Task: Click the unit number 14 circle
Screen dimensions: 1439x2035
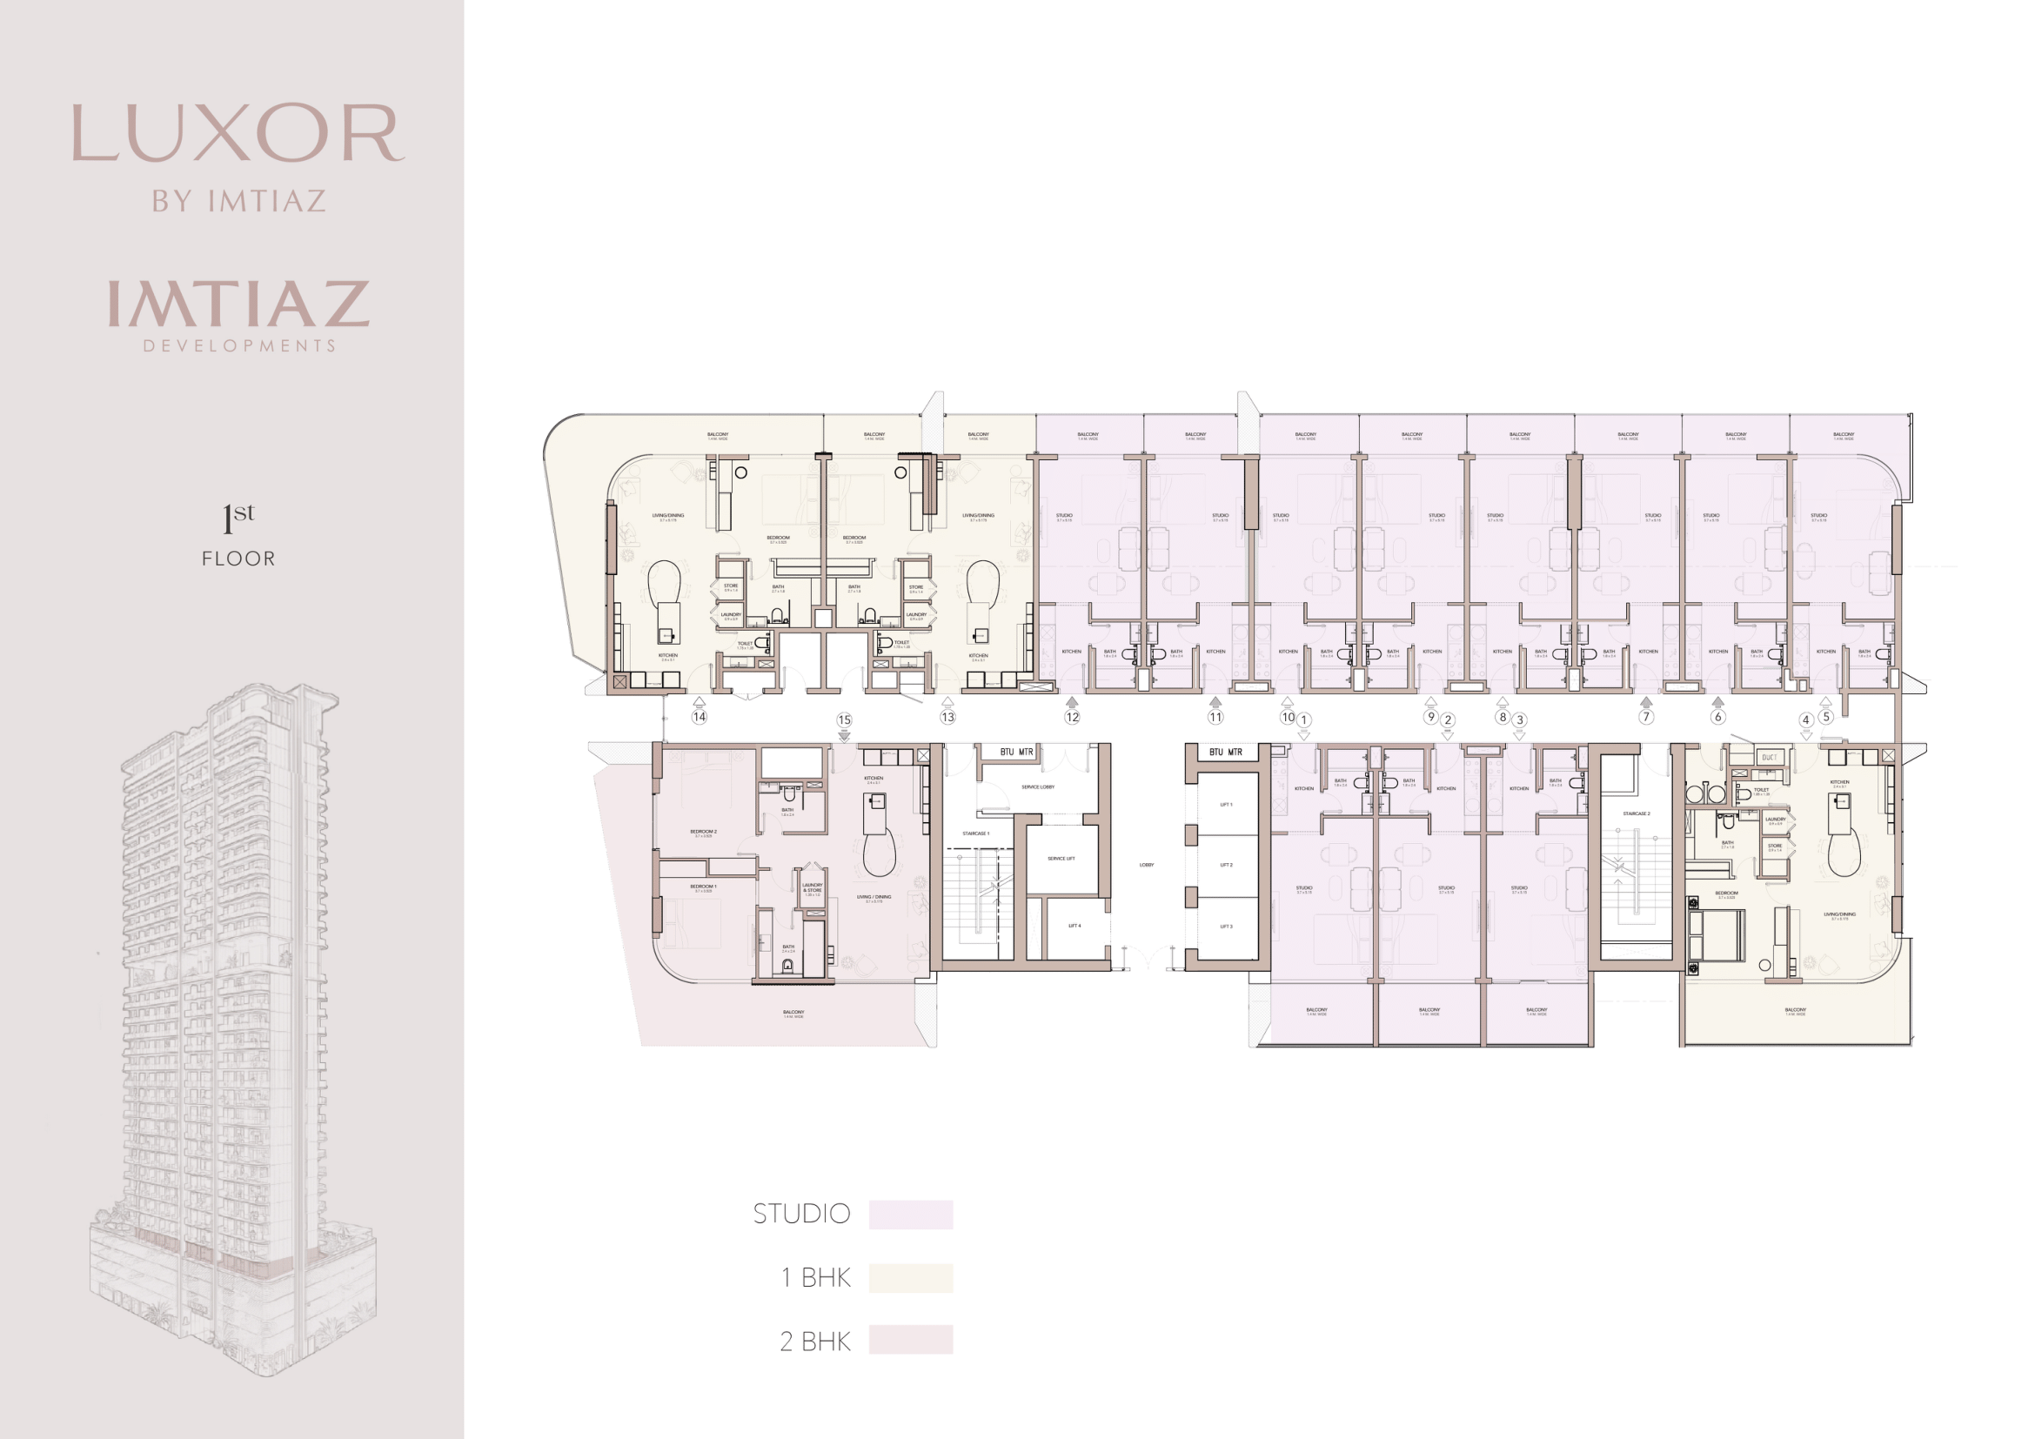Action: click(700, 717)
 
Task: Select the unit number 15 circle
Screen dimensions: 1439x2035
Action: click(844, 720)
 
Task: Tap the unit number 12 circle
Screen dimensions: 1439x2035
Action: click(1073, 717)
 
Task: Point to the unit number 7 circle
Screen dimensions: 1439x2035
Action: click(1646, 717)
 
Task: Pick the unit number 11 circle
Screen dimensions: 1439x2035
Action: click(1215, 717)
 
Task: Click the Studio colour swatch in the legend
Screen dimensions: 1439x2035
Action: click(910, 1215)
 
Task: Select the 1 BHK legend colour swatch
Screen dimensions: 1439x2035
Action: click(910, 1278)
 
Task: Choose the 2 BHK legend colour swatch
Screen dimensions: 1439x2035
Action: click(910, 1340)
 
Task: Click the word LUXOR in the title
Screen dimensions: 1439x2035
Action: click(238, 134)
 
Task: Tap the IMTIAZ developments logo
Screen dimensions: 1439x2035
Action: click(238, 315)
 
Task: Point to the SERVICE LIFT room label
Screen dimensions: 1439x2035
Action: click(1061, 859)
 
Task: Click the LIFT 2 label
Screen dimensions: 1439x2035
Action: click(1226, 865)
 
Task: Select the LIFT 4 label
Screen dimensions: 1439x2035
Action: click(1074, 926)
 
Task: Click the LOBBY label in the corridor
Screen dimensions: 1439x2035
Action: click(1146, 865)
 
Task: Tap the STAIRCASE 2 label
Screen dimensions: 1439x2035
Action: click(1637, 813)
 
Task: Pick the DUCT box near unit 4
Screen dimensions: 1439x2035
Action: click(1769, 757)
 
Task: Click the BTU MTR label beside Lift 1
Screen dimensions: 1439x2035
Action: click(1226, 753)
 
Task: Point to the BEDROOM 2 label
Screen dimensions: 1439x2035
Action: click(704, 832)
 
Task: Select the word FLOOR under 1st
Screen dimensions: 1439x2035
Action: click(238, 559)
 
